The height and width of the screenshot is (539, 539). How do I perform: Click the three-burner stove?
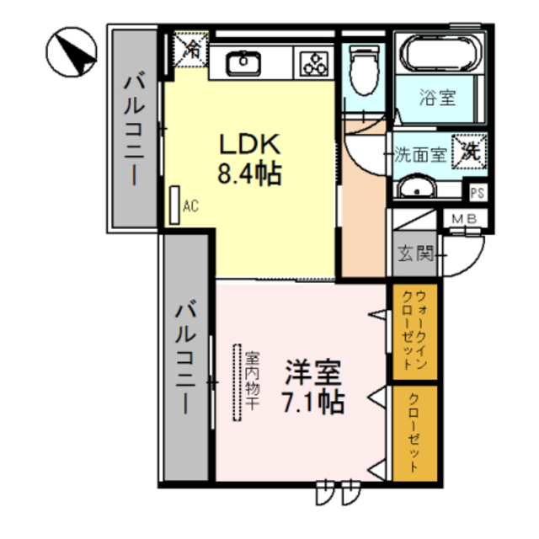point(314,63)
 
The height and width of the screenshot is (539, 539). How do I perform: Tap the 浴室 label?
point(437,97)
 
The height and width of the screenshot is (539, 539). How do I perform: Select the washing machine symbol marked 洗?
point(469,152)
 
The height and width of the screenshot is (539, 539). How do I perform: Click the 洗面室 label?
point(422,154)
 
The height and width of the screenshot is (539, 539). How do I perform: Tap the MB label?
point(464,220)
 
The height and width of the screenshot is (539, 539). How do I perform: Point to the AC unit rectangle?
point(174,205)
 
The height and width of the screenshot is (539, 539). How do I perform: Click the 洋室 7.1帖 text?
point(312,386)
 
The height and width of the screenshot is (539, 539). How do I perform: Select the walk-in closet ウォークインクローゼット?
point(415,331)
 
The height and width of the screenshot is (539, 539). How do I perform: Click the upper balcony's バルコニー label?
point(133,129)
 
